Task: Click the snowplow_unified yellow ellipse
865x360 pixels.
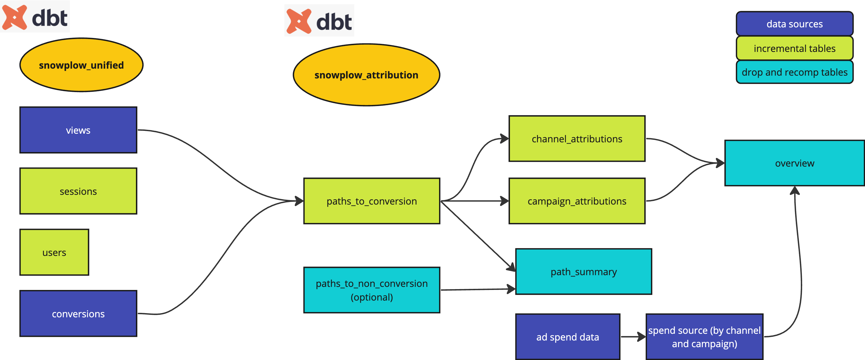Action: click(81, 65)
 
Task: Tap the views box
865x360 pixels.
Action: click(78, 130)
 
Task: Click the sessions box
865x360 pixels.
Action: click(78, 191)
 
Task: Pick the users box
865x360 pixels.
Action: click(54, 252)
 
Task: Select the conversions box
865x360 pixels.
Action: click(78, 314)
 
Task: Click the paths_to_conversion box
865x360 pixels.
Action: click(372, 201)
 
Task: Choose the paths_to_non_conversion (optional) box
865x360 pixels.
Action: click(372, 290)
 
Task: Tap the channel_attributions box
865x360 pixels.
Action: click(577, 139)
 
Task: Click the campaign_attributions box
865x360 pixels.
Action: click(577, 201)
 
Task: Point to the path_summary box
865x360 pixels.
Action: click(584, 271)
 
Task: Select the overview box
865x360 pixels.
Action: click(794, 163)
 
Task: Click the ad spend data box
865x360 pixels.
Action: click(567, 337)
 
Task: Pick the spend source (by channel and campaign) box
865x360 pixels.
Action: click(704, 337)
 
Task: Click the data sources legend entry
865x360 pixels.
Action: click(794, 24)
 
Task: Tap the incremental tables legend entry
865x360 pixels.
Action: click(794, 48)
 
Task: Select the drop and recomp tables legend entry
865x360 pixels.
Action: click(794, 72)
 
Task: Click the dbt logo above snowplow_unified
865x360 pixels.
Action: click(35, 16)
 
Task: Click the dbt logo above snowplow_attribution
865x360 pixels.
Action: click(319, 20)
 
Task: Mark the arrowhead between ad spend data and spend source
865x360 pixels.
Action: click(642, 337)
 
